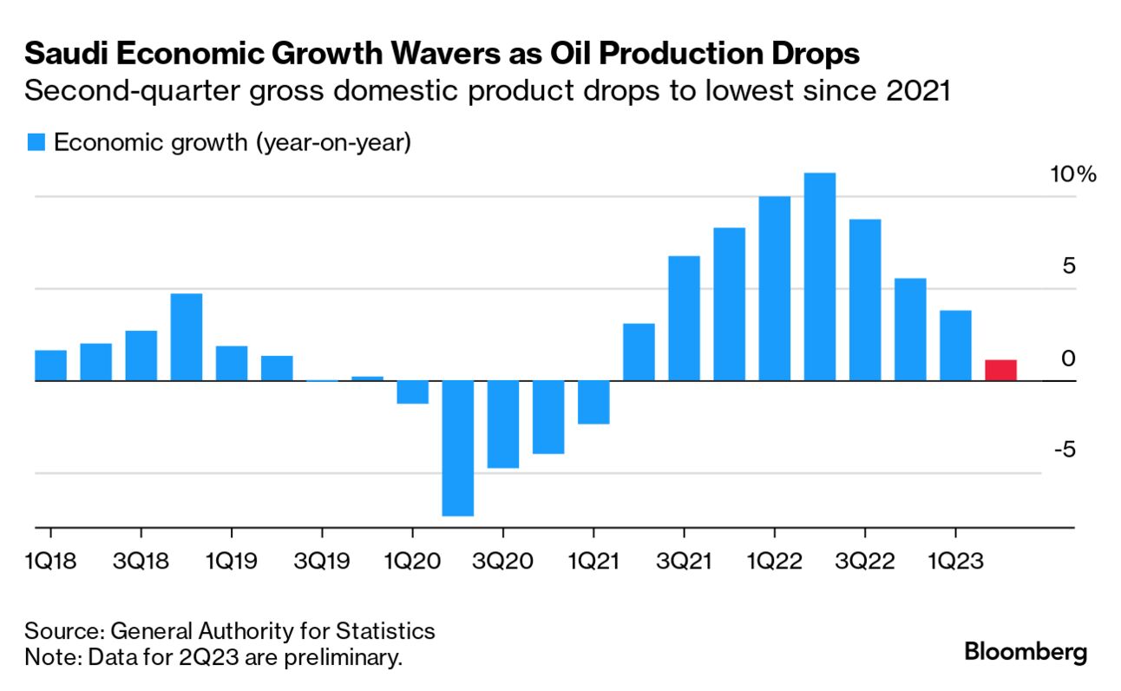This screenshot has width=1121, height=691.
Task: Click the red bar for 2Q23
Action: (x=1000, y=370)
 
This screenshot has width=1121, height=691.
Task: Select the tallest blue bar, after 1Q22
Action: (x=820, y=276)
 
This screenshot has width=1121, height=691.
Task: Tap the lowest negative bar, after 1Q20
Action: (x=458, y=448)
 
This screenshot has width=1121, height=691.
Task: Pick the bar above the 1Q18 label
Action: (x=50, y=365)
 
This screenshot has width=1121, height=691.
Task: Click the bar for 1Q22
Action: (x=775, y=288)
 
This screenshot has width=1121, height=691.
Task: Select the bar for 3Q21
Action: (x=684, y=318)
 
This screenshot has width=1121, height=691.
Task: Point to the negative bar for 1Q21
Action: (x=593, y=402)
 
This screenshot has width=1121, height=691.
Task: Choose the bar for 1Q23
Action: (x=955, y=345)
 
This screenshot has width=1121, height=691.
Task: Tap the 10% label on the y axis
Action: (x=1073, y=174)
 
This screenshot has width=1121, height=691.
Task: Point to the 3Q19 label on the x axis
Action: (x=321, y=561)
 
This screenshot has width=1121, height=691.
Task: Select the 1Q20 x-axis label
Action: (x=411, y=561)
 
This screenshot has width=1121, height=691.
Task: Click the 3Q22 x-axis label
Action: (x=864, y=561)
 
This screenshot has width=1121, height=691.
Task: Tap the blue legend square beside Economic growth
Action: (x=36, y=142)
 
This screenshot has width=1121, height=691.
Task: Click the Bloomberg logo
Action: (x=1026, y=652)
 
